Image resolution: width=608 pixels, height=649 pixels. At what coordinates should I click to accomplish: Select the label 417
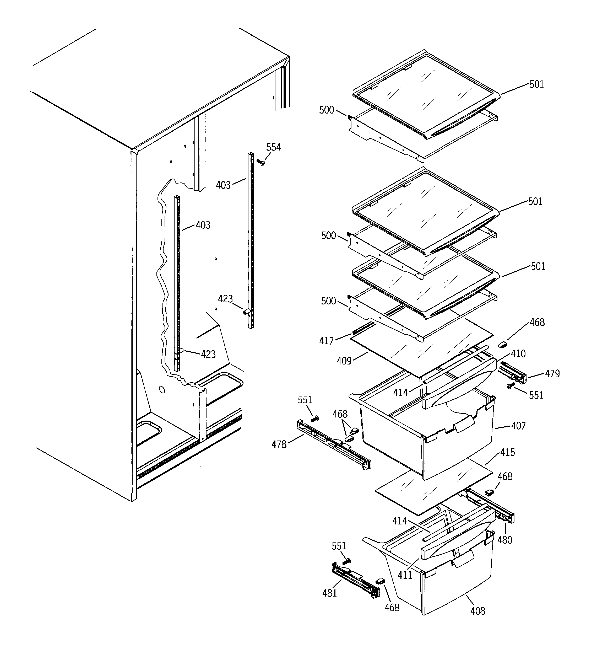tap(326, 341)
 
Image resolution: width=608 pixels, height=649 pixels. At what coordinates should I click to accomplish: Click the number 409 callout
tap(344, 361)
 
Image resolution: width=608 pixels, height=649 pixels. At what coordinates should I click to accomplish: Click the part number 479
tap(552, 373)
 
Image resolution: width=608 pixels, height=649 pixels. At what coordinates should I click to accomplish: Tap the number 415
tap(507, 452)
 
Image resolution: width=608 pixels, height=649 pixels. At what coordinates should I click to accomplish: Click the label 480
tap(504, 540)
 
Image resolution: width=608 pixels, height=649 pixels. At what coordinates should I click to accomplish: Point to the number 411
tap(405, 575)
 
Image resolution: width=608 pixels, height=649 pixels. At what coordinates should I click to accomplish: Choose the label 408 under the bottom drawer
tap(477, 611)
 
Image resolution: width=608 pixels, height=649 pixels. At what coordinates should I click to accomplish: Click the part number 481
tap(329, 593)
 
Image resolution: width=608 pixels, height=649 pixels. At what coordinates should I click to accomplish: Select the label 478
tap(279, 444)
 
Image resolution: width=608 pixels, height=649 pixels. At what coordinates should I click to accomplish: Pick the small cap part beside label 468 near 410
tap(503, 344)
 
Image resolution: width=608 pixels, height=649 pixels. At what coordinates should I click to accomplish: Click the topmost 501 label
tap(536, 84)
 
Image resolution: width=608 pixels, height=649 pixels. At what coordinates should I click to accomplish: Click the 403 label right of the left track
tap(203, 225)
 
